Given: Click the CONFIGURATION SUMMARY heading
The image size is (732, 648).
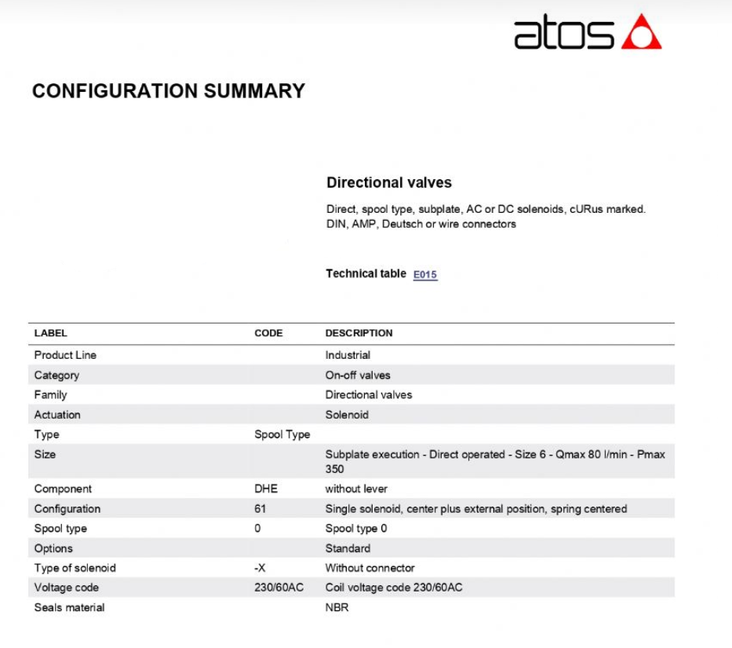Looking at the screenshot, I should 168,91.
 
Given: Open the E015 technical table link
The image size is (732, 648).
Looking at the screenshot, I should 424,275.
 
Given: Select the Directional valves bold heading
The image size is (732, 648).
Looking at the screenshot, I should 388,183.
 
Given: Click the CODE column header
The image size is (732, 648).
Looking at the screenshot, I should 268,333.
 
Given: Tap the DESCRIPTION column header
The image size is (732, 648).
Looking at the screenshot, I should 359,333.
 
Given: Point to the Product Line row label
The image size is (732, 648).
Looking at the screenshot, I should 65,355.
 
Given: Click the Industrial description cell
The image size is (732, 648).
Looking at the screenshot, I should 348,355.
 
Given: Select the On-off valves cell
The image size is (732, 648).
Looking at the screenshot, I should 357,375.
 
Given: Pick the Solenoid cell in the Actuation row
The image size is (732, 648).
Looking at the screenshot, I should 347,415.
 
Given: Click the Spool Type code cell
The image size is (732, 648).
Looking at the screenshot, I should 282,434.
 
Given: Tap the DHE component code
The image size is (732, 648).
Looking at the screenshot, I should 266,489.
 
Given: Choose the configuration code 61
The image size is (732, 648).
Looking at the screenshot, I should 260,509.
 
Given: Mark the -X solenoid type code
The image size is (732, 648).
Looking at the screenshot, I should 261,568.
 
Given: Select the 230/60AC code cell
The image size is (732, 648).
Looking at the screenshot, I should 279,588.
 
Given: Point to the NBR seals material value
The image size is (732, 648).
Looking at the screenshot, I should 337,607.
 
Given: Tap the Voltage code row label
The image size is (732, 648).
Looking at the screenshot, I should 66,588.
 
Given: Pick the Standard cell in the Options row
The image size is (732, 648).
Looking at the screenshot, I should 348,548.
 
